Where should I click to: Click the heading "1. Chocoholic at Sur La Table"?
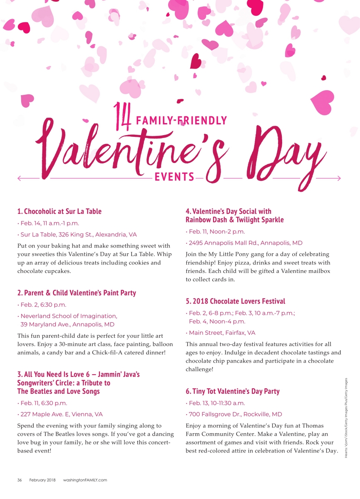tap(60, 211)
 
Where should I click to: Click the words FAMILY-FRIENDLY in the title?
tap(181, 121)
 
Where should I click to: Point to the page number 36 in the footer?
tap(20, 480)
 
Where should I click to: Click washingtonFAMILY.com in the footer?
tap(85, 480)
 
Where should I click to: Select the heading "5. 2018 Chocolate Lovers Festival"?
tap(236, 301)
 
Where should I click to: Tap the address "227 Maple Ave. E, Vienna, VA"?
tap(61, 414)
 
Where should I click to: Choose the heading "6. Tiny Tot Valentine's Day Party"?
tap(233, 391)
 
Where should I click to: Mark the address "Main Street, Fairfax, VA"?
tap(222, 333)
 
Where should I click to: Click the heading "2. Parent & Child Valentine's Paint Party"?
tap(77, 293)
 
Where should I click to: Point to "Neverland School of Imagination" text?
tap(69, 316)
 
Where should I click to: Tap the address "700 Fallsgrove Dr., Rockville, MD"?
tap(235, 414)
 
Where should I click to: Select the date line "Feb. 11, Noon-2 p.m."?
tap(216, 231)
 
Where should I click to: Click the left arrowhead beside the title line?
tap(19, 178)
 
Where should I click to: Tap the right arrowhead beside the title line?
tap(339, 178)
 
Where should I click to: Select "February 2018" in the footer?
tap(42, 480)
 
